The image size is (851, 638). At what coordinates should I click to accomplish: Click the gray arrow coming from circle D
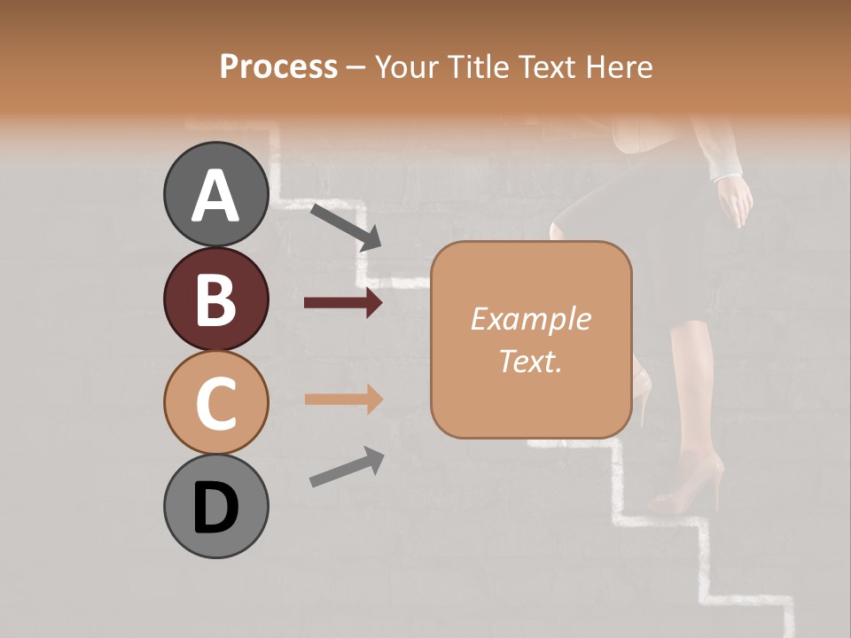click(x=347, y=467)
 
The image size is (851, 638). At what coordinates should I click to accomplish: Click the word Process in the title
click(x=278, y=66)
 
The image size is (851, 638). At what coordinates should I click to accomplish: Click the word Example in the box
click(x=530, y=319)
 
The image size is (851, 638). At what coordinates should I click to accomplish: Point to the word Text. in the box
click(x=530, y=361)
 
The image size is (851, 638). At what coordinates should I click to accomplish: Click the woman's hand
click(x=735, y=200)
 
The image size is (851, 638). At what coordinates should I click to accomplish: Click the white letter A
click(x=215, y=195)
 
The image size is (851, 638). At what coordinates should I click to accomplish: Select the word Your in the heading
click(x=406, y=66)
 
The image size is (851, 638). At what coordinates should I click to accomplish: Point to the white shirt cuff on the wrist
click(x=726, y=167)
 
